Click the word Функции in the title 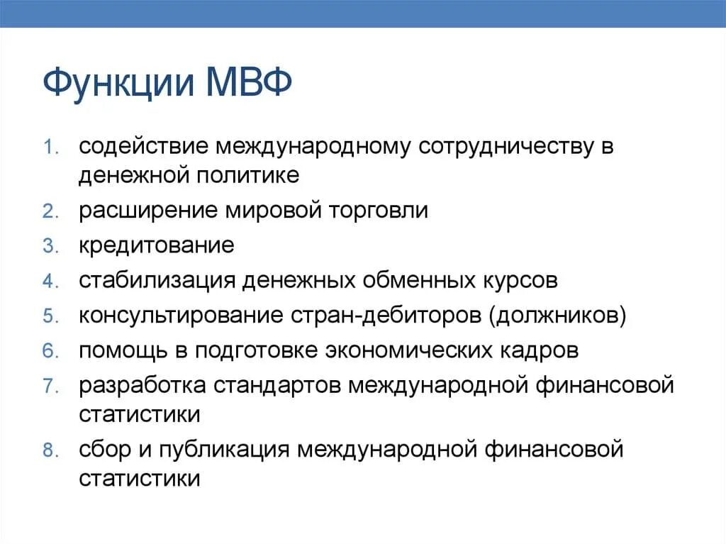pyautogui.click(x=118, y=84)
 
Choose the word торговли pyautogui.click(x=382, y=211)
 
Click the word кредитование pyautogui.click(x=156, y=246)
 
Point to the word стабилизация pyautogui.click(x=156, y=281)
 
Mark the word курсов pyautogui.click(x=516, y=281)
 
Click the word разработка pyautogui.click(x=143, y=386)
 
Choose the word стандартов pyautogui.click(x=280, y=386)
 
